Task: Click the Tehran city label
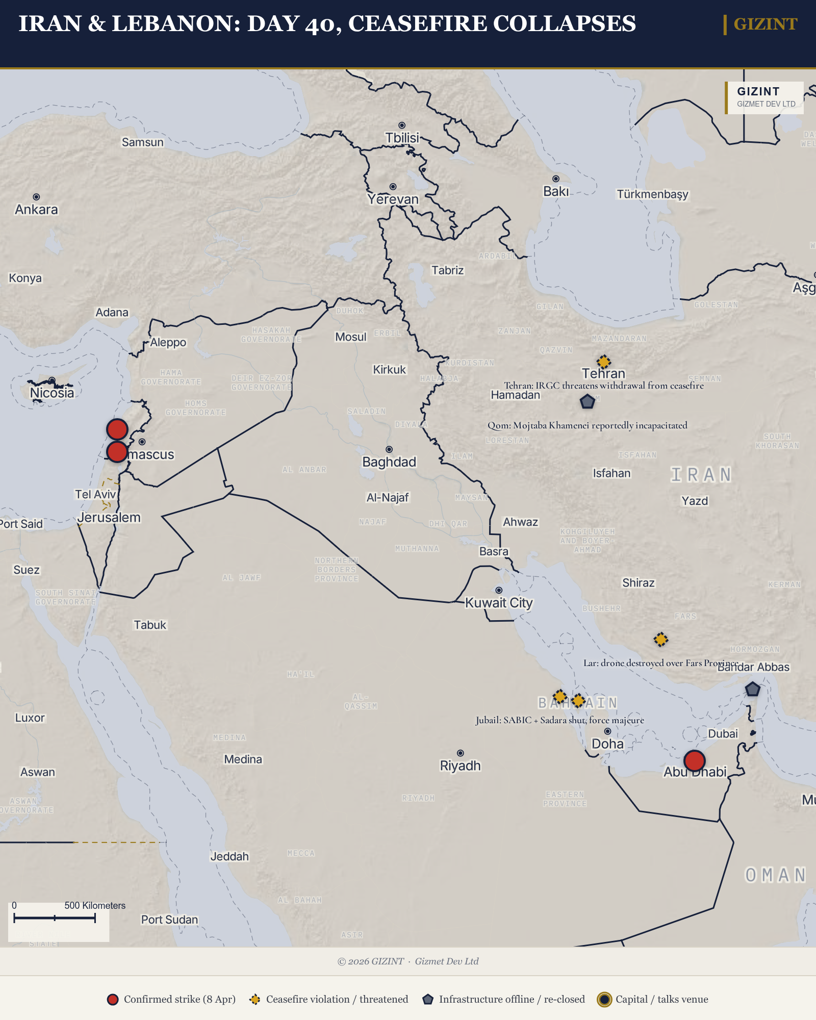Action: coord(603,374)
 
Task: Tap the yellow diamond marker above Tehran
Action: coord(604,362)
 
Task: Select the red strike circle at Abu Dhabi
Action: coord(694,760)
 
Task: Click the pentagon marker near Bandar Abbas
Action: coord(753,690)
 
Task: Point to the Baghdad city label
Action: coord(389,462)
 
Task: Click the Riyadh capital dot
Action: coord(461,753)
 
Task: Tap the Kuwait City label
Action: coord(499,603)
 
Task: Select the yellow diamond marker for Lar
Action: coord(661,640)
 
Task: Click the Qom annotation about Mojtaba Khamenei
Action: coord(587,425)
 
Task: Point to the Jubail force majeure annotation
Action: coord(559,720)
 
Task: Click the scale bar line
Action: coord(55,919)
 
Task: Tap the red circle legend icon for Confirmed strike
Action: coord(113,1000)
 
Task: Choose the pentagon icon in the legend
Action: coord(428,1000)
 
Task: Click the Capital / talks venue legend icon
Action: coord(604,1000)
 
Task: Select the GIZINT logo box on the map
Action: coord(764,97)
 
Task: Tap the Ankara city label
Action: coord(36,210)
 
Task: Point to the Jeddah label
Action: coord(229,856)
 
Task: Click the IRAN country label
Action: coord(701,475)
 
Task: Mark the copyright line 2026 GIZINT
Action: coord(408,961)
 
